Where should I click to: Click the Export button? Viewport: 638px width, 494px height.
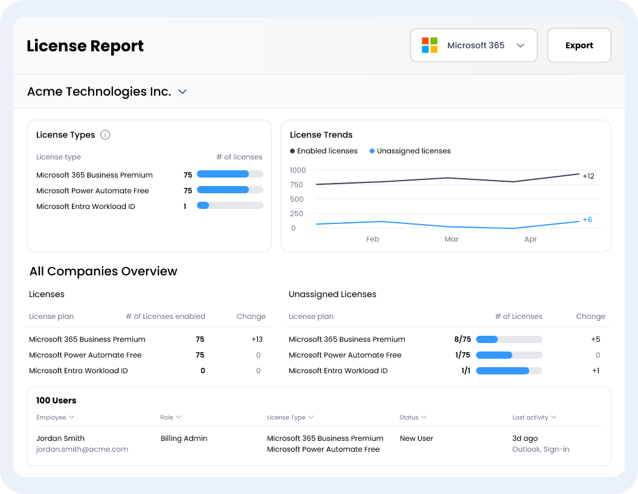pos(579,45)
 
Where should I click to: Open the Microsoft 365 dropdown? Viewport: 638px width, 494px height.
pos(474,45)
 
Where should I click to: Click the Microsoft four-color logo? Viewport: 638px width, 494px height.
pos(430,45)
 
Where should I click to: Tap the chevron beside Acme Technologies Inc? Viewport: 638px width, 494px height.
pos(182,92)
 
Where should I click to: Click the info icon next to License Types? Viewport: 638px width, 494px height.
pos(105,135)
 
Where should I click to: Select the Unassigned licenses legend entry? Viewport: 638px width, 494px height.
pos(410,151)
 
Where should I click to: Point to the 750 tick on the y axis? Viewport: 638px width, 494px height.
pos(296,185)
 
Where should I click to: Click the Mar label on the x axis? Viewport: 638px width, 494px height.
pos(451,239)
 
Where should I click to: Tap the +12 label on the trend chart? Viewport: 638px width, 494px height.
pos(588,176)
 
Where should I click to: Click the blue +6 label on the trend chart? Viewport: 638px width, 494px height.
pos(587,220)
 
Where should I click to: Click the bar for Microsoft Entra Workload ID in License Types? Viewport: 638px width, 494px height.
pos(230,205)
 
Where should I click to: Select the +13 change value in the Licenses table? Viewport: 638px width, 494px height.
pos(257,339)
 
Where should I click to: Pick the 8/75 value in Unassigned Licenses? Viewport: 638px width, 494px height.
pos(463,339)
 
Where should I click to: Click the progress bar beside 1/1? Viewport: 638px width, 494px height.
pos(509,370)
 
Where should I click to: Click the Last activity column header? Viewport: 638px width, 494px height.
pos(534,417)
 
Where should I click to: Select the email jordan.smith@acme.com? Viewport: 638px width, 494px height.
pos(82,449)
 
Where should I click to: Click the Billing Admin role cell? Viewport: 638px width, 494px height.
pos(184,438)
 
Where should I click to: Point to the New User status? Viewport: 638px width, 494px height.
pos(416,438)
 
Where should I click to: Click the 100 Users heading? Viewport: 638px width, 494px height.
pos(56,400)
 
